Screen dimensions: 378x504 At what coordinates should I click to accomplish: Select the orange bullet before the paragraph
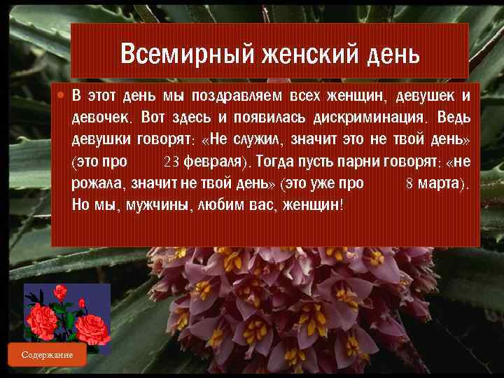[62, 94]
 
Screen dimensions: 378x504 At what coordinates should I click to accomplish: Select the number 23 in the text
[172, 162]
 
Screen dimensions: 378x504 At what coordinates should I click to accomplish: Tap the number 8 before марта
[409, 184]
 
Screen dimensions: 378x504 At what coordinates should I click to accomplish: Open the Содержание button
[47, 355]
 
